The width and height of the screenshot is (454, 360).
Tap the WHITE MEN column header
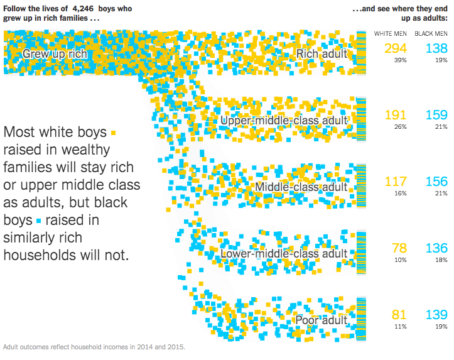coord(391,33)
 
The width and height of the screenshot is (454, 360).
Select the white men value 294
coord(396,48)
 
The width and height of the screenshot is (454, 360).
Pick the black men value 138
coord(436,48)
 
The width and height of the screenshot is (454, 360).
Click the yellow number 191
coord(396,115)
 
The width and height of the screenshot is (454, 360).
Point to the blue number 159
coord(436,115)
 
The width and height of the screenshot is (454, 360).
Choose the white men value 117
coord(396,182)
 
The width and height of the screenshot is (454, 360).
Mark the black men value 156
coord(436,182)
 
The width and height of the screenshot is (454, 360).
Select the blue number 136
coord(436,249)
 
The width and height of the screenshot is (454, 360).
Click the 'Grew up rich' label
coord(54,54)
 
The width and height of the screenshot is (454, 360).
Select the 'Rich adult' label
coord(322,54)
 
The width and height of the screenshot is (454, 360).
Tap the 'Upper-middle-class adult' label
coord(284,120)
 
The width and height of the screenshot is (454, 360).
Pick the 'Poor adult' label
coord(321,320)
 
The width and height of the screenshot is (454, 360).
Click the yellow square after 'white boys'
coord(113,133)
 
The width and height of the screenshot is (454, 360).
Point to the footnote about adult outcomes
coord(94,346)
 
